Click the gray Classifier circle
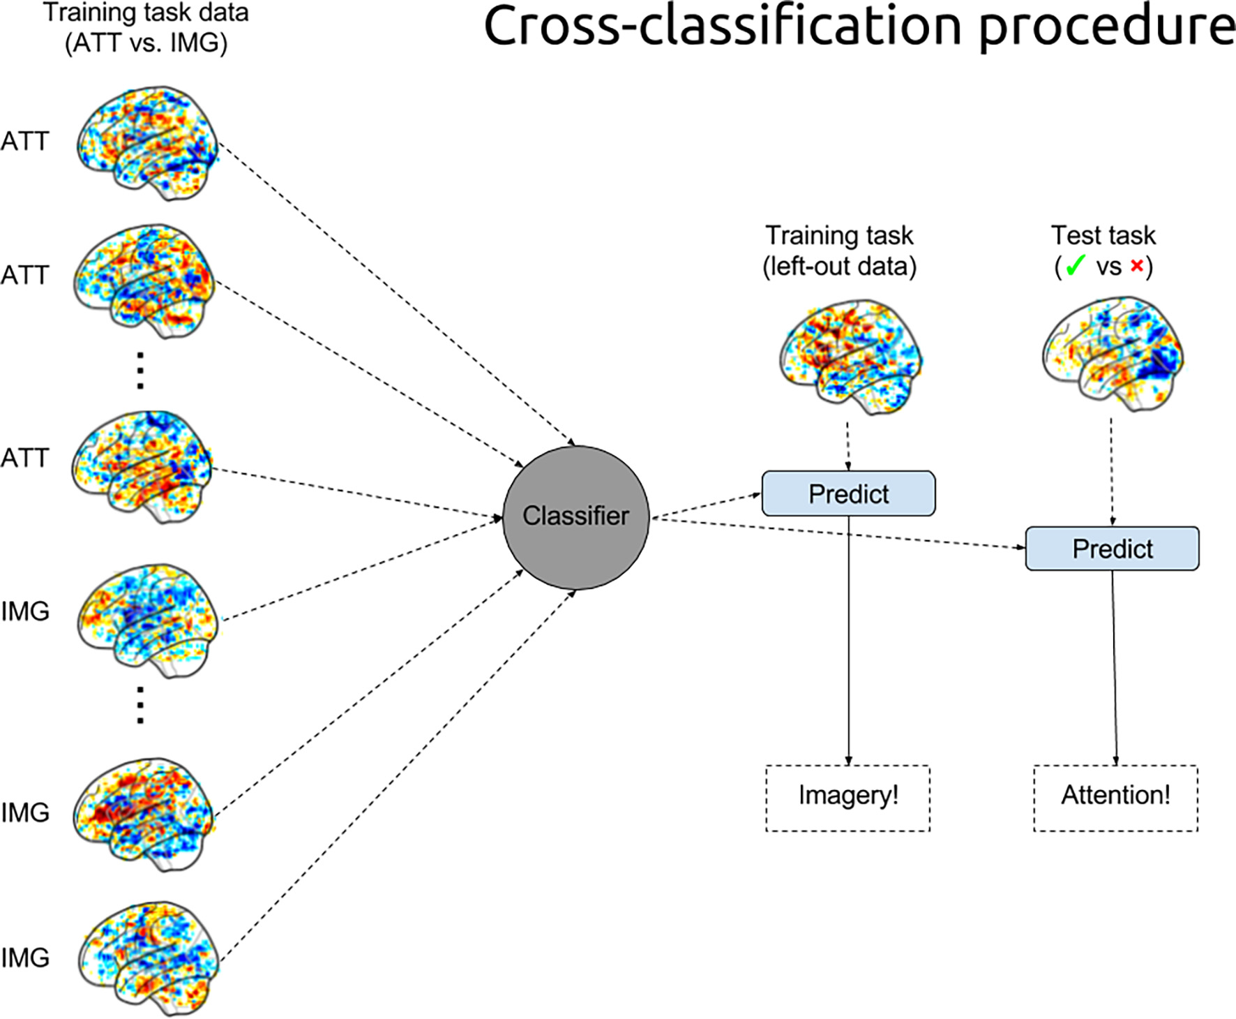(x=576, y=517)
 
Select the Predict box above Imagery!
(x=848, y=493)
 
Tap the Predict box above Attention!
(x=1112, y=549)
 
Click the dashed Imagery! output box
(x=848, y=798)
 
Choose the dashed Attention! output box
(x=1115, y=798)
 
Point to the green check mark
(x=1076, y=266)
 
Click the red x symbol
(x=1137, y=266)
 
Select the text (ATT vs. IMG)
(x=146, y=43)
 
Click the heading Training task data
(x=146, y=13)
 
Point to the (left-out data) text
(x=839, y=266)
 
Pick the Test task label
(x=1103, y=235)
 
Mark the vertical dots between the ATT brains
(x=140, y=370)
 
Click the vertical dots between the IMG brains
(x=140, y=704)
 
